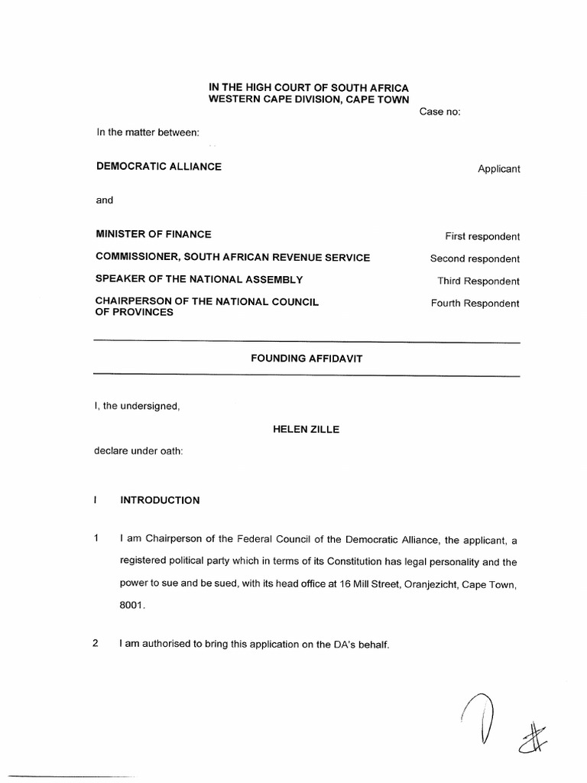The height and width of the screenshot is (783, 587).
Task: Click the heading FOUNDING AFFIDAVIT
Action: pyautogui.click(x=306, y=358)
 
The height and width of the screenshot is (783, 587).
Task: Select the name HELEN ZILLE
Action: pyautogui.click(x=306, y=430)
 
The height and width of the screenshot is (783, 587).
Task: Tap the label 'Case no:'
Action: pyautogui.click(x=439, y=112)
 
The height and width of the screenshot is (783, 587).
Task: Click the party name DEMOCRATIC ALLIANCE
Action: pyautogui.click(x=158, y=167)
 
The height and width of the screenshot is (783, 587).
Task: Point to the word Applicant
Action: pyautogui.click(x=498, y=169)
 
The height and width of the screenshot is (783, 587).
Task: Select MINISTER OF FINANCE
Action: pyautogui.click(x=153, y=234)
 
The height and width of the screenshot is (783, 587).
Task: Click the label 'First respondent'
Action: pyautogui.click(x=482, y=237)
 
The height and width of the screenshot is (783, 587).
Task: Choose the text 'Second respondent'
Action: pyautogui.click(x=475, y=259)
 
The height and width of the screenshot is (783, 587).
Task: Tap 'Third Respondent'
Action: pyautogui.click(x=478, y=281)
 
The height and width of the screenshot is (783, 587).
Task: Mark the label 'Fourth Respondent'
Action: pyautogui.click(x=475, y=304)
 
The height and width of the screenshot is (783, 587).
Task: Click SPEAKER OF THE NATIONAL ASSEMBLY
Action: pyautogui.click(x=199, y=279)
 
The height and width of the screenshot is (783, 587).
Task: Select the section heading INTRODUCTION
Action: pyautogui.click(x=160, y=501)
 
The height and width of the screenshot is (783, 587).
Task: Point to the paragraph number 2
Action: pyautogui.click(x=96, y=643)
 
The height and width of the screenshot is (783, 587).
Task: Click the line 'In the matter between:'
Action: pyautogui.click(x=148, y=133)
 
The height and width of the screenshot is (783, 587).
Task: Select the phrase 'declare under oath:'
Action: pyautogui.click(x=138, y=451)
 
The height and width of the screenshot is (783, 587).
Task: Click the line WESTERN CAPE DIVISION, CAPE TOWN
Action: pyautogui.click(x=309, y=100)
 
